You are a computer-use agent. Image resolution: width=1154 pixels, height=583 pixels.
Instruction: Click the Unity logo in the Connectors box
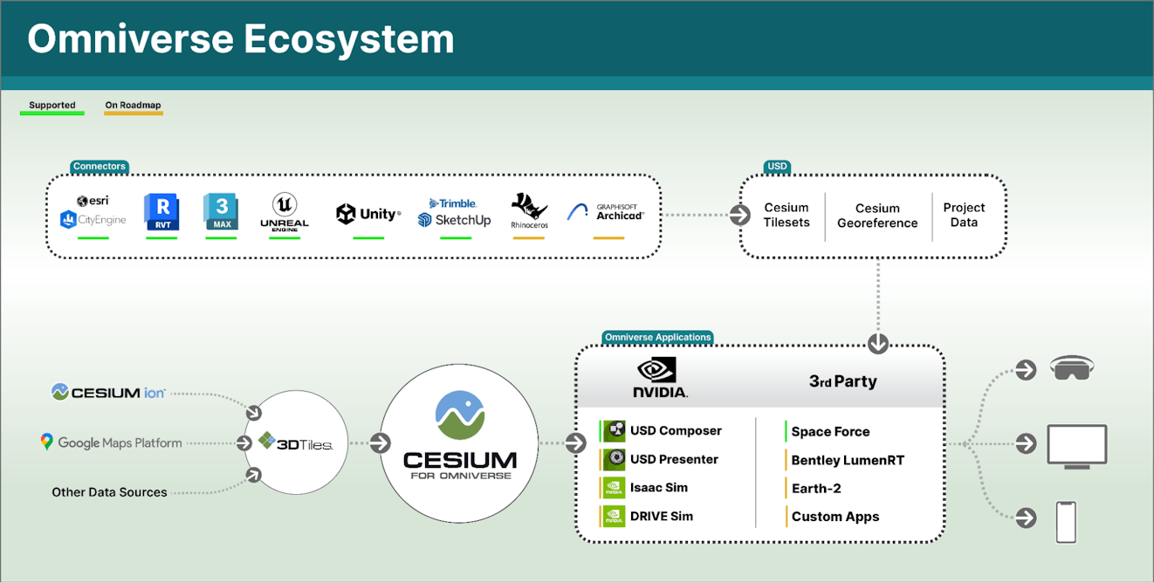pyautogui.click(x=367, y=214)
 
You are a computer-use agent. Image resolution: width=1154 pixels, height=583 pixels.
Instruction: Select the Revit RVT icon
pyautogui.click(x=161, y=213)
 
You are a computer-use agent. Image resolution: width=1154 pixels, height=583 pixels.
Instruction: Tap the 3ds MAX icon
pyautogui.click(x=220, y=212)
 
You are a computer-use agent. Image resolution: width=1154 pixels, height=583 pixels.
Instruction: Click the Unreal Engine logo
pyautogui.click(x=285, y=212)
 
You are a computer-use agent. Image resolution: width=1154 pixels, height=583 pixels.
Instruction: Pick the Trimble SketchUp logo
pyautogui.click(x=454, y=212)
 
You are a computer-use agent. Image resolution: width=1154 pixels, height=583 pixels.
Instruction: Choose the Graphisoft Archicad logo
pyautogui.click(x=607, y=212)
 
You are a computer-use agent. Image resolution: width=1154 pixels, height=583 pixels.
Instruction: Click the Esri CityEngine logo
pyautogui.click(x=93, y=212)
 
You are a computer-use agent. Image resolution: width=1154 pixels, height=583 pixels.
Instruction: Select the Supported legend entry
pyautogui.click(x=52, y=106)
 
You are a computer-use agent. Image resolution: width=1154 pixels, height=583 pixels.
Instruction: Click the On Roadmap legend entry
pyautogui.click(x=133, y=106)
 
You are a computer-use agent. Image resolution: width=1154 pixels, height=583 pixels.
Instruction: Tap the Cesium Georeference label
pyautogui.click(x=877, y=216)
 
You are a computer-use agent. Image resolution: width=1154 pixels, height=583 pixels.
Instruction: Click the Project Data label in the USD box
pyautogui.click(x=964, y=215)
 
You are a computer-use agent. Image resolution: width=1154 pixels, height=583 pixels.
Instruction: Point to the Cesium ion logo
pyautogui.click(x=108, y=393)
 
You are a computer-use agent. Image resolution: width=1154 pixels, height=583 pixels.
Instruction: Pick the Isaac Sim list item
pyautogui.click(x=658, y=488)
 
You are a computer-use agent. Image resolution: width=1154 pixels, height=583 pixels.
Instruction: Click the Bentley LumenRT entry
pyautogui.click(x=847, y=460)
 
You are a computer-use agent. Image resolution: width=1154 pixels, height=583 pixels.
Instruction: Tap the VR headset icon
pyautogui.click(x=1072, y=369)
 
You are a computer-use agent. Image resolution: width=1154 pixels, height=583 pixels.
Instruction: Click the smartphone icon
pyautogui.click(x=1066, y=521)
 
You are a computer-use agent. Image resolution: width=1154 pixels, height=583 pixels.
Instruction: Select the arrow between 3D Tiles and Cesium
pyautogui.click(x=380, y=443)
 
